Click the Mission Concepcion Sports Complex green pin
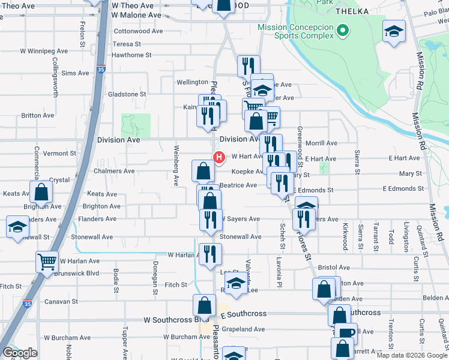pyautogui.click(x=342, y=30)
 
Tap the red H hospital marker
pyautogui.click(x=219, y=158)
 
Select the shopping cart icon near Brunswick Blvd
pyautogui.click(x=47, y=261)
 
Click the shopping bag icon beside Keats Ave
pyautogui.click(x=41, y=193)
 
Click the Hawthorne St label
pyautogui.click(x=132, y=55)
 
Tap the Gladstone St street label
pyautogui.click(x=127, y=94)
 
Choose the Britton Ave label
pyautogui.click(x=37, y=116)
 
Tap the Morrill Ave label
pyautogui.click(x=322, y=143)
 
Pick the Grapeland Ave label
pyautogui.click(x=243, y=329)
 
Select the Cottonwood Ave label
pyautogui.click(x=139, y=31)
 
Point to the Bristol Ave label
pyautogui.click(x=334, y=268)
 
